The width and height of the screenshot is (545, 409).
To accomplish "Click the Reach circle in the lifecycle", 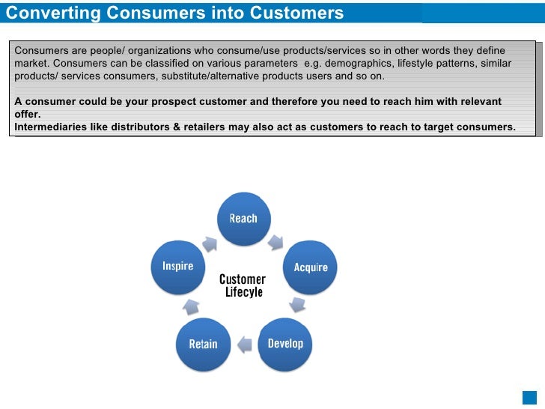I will click(243, 218).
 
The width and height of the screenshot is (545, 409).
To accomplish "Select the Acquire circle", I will click(310, 267).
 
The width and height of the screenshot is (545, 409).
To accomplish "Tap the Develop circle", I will click(285, 343).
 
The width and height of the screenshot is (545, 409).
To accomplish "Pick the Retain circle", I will click(203, 344).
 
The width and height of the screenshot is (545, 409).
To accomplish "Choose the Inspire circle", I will click(177, 266).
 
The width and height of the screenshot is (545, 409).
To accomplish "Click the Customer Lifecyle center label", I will click(243, 285).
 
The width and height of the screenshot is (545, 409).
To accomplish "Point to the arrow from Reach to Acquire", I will click(276, 242).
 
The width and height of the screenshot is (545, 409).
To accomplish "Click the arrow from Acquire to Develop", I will click(298, 304).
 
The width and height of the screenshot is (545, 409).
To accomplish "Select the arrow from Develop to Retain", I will click(244, 345).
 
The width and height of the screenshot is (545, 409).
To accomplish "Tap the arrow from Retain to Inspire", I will click(190, 306).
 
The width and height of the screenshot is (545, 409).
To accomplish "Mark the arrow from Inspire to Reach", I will click(210, 242).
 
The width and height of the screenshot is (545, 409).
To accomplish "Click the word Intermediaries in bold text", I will click(50, 127).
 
